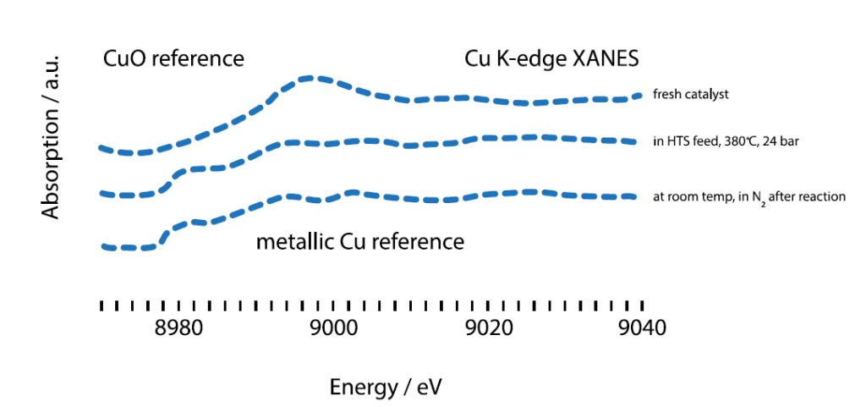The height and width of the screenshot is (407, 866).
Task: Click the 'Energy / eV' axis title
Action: [386, 388]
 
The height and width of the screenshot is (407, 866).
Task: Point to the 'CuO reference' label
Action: [173, 59]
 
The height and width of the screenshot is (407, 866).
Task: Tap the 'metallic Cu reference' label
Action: [360, 242]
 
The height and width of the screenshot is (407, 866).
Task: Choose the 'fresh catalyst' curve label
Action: [691, 95]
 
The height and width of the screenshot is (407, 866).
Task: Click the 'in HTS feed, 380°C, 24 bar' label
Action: [726, 141]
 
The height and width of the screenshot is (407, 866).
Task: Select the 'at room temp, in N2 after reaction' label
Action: [749, 197]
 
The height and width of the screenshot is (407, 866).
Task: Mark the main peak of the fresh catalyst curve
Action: [311, 79]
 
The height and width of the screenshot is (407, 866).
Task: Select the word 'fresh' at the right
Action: [666, 95]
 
